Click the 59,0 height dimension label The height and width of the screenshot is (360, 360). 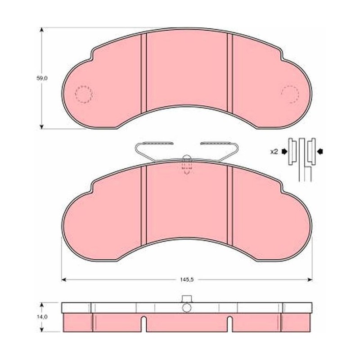coord(42,78)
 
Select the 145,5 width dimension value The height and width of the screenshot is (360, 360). coord(187,280)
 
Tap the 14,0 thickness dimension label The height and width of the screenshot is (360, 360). coord(42,317)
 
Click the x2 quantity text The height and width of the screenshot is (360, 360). coord(274,152)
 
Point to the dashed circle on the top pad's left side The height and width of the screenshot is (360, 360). coord(84,94)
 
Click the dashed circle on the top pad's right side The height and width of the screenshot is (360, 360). coord(290,94)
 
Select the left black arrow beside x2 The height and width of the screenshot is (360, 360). coord(285,151)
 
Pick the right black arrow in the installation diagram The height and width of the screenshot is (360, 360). coord(320,151)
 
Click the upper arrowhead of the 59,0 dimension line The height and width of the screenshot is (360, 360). coord(41,30)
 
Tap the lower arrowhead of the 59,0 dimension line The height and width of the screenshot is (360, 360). coord(41,126)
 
